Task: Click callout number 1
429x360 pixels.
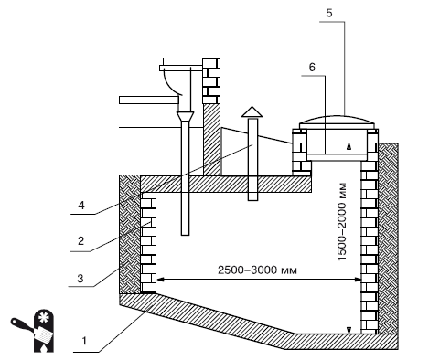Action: click(84, 341)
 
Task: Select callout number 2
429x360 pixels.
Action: click(80, 241)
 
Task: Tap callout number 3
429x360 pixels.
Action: click(80, 279)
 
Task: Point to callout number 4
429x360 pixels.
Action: click(81, 205)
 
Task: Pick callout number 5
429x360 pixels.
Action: click(329, 13)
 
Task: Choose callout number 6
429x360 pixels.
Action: click(312, 68)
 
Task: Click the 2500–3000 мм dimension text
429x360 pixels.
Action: click(257, 270)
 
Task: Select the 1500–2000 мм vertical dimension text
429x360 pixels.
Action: click(342, 221)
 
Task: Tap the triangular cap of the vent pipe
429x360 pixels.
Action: click(252, 111)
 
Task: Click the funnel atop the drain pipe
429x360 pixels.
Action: click(185, 116)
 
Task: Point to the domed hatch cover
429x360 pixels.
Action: click(337, 120)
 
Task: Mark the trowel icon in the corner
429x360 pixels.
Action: click(32, 329)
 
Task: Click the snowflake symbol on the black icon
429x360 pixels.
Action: click(43, 318)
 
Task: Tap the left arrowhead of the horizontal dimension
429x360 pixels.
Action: click(160, 280)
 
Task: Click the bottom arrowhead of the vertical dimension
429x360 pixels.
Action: click(349, 330)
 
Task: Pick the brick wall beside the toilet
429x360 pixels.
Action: click(211, 81)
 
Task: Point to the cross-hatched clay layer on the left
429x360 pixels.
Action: click(130, 234)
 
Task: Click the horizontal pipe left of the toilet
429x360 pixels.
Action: click(148, 100)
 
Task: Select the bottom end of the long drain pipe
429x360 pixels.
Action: click(185, 235)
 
